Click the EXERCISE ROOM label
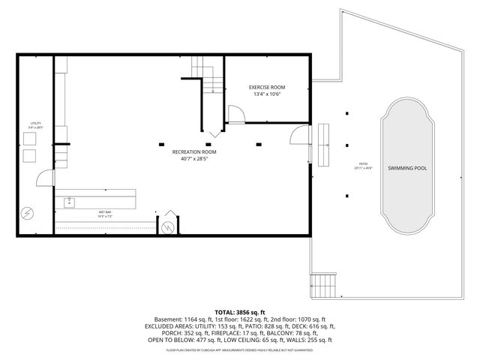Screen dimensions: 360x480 pyautogui.click(x=267, y=88)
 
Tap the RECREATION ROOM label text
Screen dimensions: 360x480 pyautogui.click(x=193, y=151)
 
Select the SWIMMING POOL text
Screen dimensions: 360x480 pyautogui.click(x=407, y=168)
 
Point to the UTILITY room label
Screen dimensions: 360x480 pyautogui.click(x=35, y=123)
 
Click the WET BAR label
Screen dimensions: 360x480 pyautogui.click(x=104, y=212)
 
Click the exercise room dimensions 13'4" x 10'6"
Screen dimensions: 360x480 pyautogui.click(x=267, y=95)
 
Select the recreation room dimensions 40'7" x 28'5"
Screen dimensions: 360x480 pyautogui.click(x=193, y=158)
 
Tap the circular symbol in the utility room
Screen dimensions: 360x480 pyautogui.click(x=27, y=214)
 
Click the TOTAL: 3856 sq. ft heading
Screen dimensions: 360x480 pyautogui.click(x=239, y=312)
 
